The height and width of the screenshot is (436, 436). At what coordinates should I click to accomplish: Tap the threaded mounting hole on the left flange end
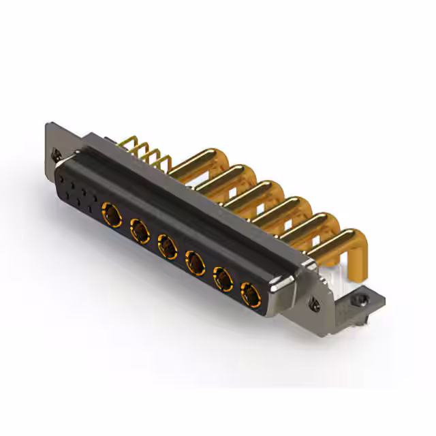click(x=57, y=155)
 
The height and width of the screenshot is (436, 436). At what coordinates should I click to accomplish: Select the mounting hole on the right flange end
click(x=314, y=305)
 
